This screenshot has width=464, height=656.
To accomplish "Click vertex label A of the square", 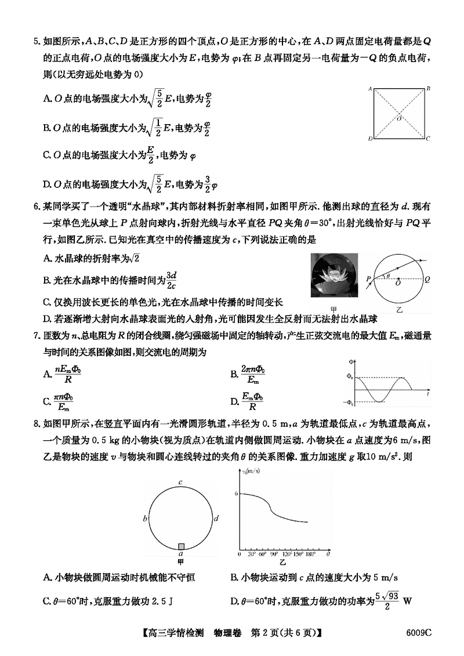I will click(369, 89).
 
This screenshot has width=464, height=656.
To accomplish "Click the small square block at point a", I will click(181, 546).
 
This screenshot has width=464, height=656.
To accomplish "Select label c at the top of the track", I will click(181, 482).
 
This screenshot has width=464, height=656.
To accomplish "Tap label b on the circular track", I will click(145, 518).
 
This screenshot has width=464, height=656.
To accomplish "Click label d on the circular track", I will click(216, 518).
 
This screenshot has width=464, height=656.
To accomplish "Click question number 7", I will click(36, 336).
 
